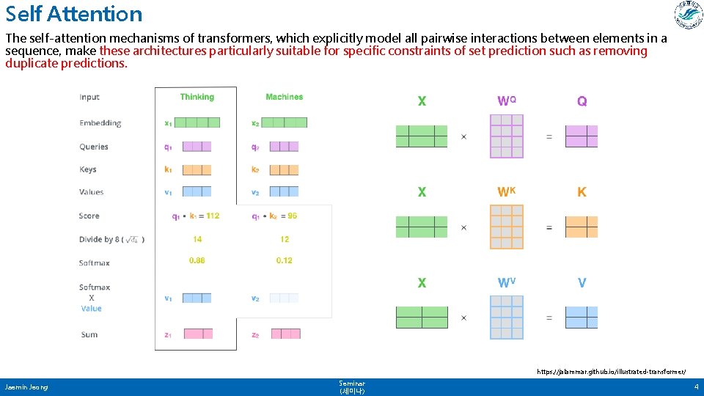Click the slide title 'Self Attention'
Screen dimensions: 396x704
pos(74,14)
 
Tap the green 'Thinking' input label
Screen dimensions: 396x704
pos(197,97)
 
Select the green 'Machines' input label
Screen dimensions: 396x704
pos(284,97)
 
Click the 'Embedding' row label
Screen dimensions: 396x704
pos(100,123)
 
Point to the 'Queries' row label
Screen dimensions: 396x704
pos(94,147)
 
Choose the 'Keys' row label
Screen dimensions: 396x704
pos(88,169)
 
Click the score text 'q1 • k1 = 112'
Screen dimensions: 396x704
pos(196,216)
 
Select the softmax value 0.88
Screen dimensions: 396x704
pos(197,260)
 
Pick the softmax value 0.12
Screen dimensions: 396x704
pos(284,260)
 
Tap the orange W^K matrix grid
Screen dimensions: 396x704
pos(507,227)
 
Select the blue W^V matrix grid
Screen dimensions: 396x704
pos(507,318)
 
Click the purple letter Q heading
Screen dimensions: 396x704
pos(582,102)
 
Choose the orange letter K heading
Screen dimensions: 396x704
pos(582,192)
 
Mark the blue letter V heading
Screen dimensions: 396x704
pos(582,283)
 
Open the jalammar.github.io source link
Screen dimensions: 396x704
pos(611,373)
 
